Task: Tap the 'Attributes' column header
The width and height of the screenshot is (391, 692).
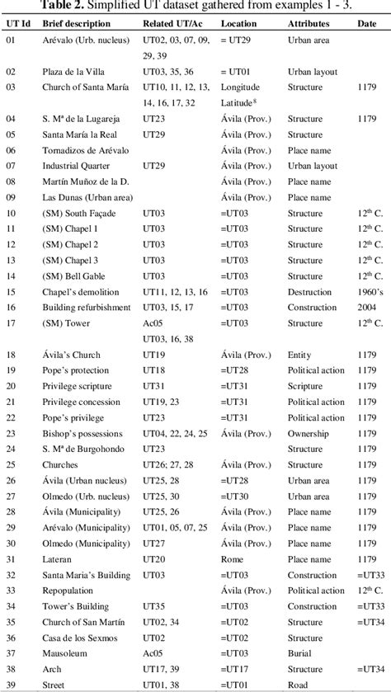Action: pos(308,24)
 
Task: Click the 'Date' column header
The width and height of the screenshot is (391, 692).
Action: pos(367,24)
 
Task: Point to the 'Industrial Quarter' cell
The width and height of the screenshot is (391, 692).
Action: pos(78,166)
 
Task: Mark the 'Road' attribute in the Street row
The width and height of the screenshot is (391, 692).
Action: pos(298,684)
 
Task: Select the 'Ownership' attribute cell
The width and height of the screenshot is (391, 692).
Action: pos(308,433)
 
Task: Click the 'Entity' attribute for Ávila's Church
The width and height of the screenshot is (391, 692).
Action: pos(299,355)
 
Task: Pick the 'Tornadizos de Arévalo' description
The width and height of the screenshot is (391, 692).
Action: pos(87,150)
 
